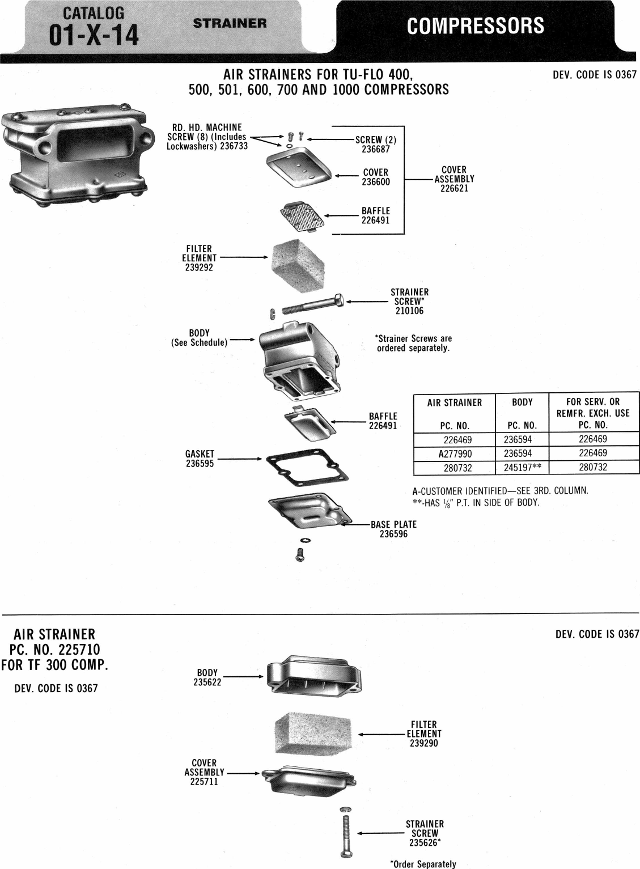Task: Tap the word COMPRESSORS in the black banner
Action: [x=475, y=26]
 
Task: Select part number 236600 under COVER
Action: [x=376, y=182]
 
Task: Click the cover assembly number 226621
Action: [x=454, y=188]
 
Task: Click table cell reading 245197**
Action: [x=522, y=468]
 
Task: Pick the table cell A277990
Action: [x=455, y=453]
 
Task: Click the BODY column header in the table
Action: [x=522, y=402]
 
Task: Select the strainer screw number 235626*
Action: [x=425, y=843]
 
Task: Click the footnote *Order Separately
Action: [x=423, y=864]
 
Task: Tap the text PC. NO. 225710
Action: [x=54, y=649]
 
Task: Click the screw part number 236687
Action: [x=376, y=149]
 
